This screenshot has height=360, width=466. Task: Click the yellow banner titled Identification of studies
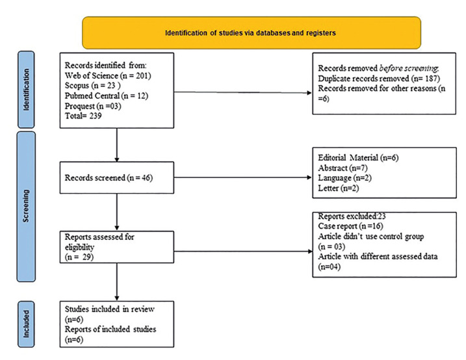coord(252,32)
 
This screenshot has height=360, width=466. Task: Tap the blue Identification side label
coord(26,90)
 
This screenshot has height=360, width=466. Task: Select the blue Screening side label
coord(26,207)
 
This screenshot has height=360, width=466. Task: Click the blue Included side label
coord(26,324)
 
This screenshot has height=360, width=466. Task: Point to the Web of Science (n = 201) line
coord(108,76)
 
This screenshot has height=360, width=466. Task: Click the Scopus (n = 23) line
coord(93,86)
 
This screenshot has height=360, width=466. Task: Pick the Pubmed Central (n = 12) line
coord(107,96)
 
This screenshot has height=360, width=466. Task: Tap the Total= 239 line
coord(83,116)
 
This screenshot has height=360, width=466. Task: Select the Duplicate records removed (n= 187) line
coord(379,79)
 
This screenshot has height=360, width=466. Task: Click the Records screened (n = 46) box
coord(117,177)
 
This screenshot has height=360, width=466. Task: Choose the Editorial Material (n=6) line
coord(358,157)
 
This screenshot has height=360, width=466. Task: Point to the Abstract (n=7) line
coord(343,168)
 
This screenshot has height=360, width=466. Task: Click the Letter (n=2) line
coord(339,188)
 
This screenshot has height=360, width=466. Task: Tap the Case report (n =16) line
coord(350,226)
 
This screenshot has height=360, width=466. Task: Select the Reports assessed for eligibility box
coord(117,247)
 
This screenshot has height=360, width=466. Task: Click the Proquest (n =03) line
coord(93,106)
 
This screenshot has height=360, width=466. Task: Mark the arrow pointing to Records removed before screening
coord(243,92)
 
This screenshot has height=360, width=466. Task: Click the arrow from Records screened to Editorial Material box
coord(243,177)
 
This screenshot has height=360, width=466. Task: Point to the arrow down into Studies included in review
coord(117,282)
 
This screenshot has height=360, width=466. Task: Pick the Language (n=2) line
coord(344,178)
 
